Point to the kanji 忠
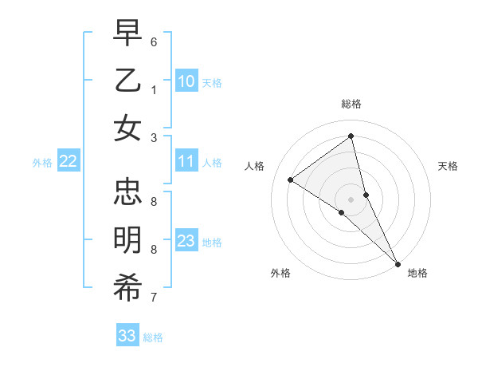point(127,191)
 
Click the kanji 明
point(127,239)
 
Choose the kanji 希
point(127,287)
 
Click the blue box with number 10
point(186,81)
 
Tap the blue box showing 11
point(186,162)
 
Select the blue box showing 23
point(186,241)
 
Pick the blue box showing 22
point(69,162)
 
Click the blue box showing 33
point(127,336)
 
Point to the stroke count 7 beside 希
point(154,298)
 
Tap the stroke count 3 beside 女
point(154,137)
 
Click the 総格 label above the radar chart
point(351,104)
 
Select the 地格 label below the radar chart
point(417,273)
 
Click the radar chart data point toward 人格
point(291,180)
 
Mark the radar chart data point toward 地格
point(398,262)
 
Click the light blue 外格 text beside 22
point(42,163)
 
